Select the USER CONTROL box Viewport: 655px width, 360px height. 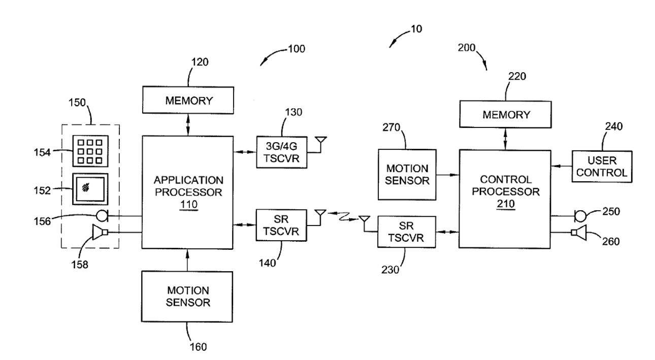(x=602, y=166)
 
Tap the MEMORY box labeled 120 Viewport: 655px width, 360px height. (x=188, y=101)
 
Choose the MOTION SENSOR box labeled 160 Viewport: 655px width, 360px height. (x=188, y=297)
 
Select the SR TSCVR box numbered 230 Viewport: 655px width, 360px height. (x=406, y=232)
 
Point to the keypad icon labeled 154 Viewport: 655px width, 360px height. (x=90, y=151)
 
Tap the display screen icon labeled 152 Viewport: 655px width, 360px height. (x=89, y=189)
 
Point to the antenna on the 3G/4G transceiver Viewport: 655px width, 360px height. (x=320, y=141)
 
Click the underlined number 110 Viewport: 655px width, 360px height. (x=188, y=205)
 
